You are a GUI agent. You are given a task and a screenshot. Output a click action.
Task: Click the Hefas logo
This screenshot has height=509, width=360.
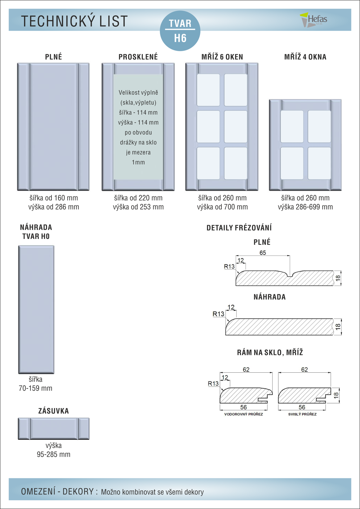pos(314,20)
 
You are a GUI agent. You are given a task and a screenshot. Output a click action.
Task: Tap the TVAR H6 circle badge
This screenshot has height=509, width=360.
pos(180,31)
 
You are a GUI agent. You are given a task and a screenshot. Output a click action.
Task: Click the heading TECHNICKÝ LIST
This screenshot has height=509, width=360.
pos(74,21)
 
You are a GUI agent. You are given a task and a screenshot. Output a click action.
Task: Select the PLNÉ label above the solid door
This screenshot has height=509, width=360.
pos(54,57)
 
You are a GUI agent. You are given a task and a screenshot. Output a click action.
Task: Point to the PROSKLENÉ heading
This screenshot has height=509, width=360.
pos(138,57)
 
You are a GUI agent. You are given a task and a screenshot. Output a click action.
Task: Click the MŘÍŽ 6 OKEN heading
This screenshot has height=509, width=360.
pos(222,57)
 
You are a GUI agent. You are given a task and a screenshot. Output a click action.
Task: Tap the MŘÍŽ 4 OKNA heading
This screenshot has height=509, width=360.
pos(305,57)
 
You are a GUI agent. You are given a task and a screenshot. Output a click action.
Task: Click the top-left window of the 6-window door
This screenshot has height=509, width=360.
pos(208,90)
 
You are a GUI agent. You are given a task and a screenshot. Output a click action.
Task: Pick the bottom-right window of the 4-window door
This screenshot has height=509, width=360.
pos(319,163)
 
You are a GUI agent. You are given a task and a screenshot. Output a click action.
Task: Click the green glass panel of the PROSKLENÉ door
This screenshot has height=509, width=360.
pos(138,127)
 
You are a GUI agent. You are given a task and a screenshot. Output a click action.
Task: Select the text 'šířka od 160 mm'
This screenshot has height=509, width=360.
pos(54,198)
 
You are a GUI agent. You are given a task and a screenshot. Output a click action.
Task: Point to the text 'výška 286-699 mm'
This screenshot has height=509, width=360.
pos(305,207)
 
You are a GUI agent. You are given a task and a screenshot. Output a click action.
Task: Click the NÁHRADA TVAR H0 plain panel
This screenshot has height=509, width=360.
pos(36,309)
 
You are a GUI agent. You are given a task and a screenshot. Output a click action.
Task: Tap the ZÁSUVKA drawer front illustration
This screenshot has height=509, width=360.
pos(54,429)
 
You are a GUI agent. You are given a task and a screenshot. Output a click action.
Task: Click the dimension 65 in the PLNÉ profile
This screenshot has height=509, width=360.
pos(262,253)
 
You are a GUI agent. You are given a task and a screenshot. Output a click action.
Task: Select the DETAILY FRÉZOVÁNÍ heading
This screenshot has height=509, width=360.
pos(239,228)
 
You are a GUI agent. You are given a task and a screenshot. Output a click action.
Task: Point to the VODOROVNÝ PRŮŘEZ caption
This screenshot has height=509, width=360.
pos(243,414)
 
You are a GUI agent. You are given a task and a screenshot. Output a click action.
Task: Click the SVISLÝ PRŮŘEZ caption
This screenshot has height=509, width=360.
pos(302,414)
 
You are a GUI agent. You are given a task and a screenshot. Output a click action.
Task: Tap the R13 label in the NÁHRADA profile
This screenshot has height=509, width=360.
pos(218,314)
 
